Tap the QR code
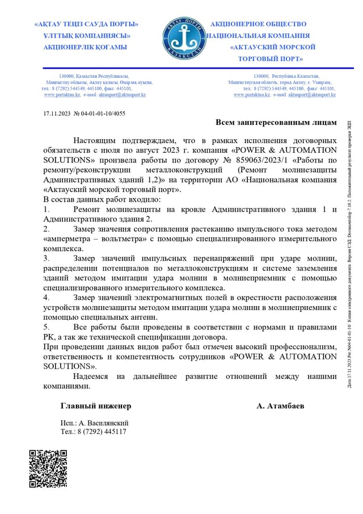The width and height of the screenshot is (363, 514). click(x=48, y=469)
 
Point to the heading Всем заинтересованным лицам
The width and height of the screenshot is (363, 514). click(x=276, y=122)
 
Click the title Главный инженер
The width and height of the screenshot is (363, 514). click(x=96, y=406)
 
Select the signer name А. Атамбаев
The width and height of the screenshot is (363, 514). click(x=280, y=406)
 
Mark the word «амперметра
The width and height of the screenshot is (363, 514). click(x=67, y=239)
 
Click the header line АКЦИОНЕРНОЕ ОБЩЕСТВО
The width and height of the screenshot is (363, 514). click(x=258, y=24)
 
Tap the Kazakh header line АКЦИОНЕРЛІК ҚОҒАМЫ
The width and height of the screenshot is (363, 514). click(x=85, y=47)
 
